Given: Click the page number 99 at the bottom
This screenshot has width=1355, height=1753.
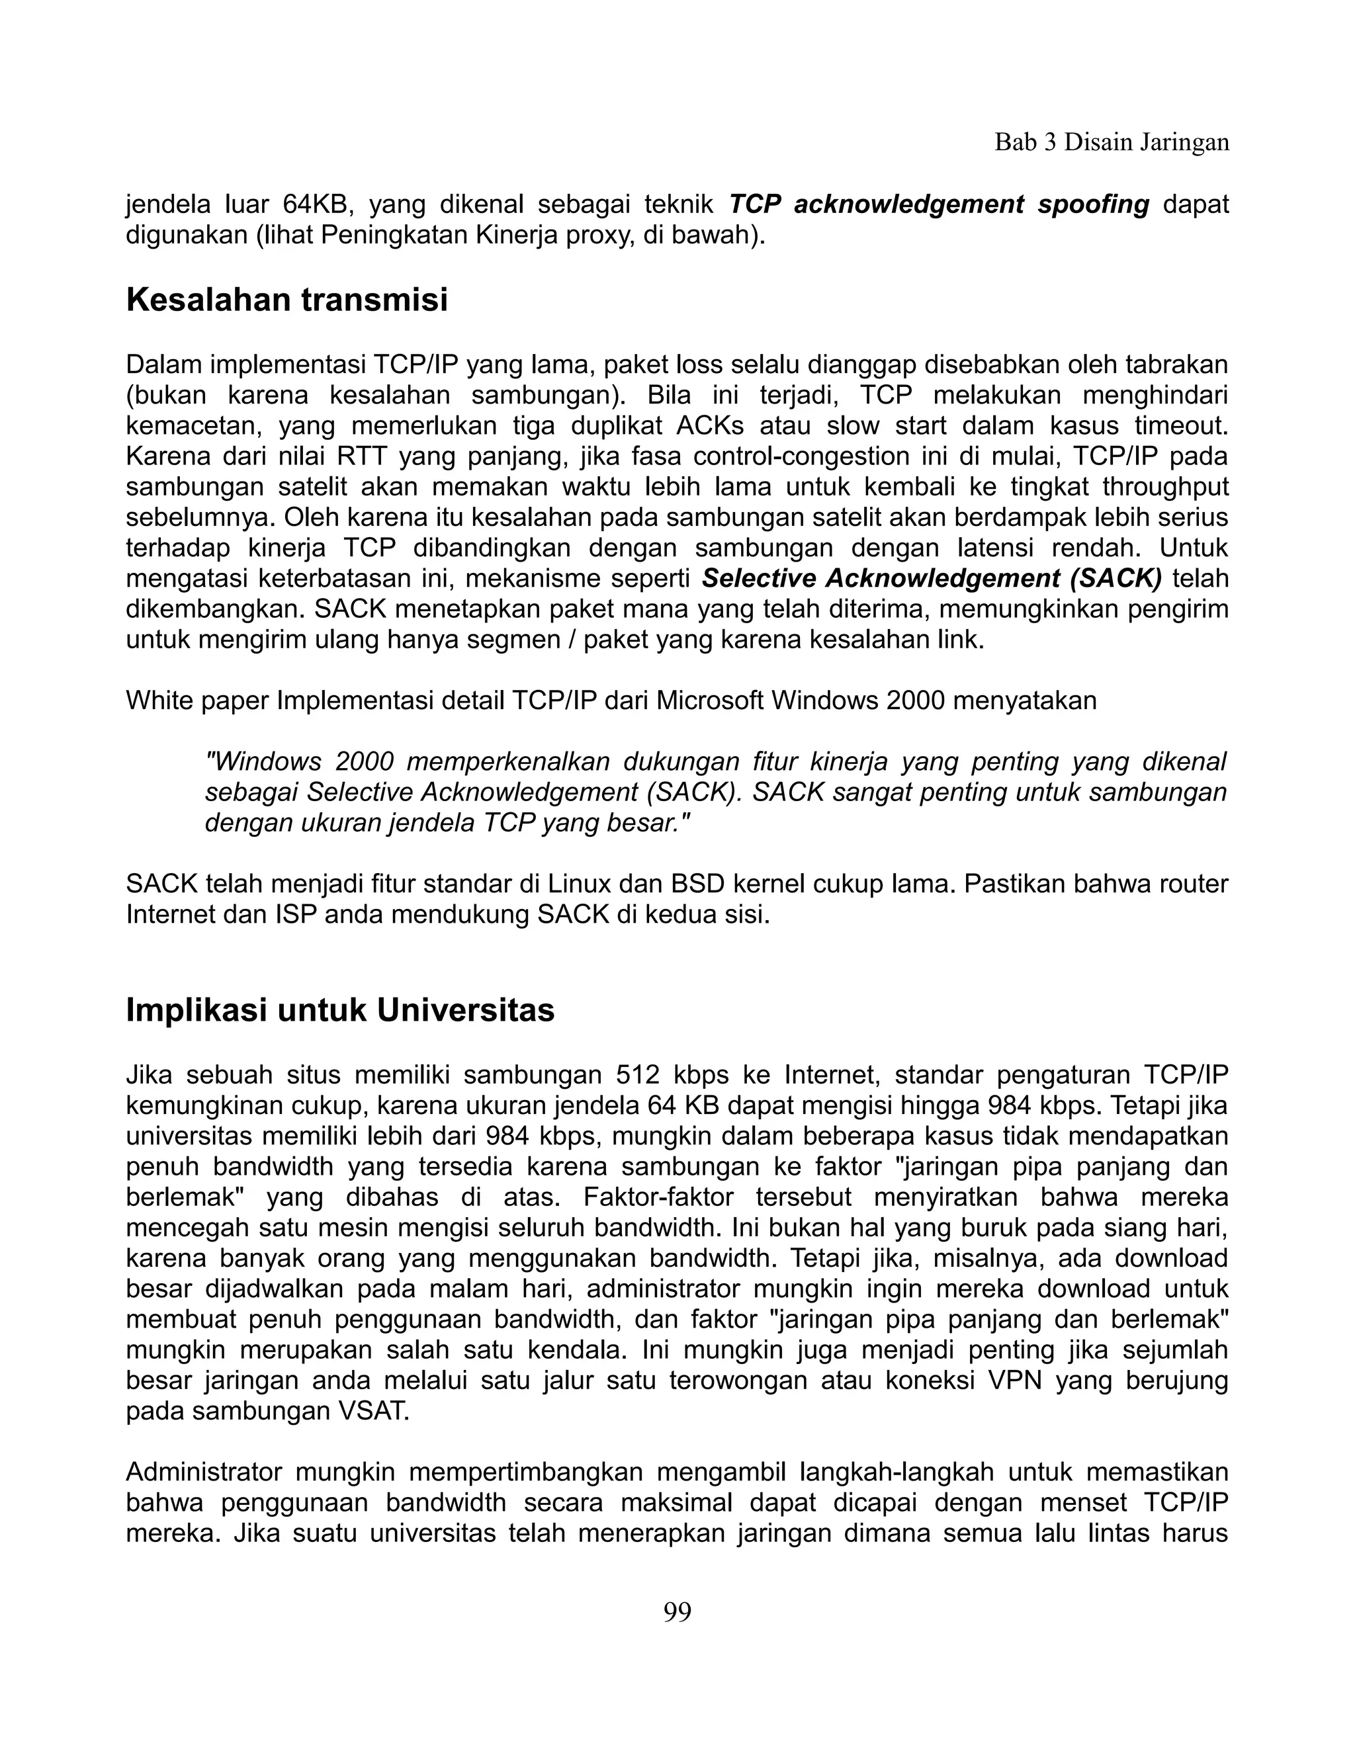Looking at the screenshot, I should tap(677, 1611).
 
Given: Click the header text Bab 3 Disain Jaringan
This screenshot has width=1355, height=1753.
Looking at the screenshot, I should tap(1111, 142).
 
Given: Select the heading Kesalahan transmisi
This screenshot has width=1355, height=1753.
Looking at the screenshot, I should tap(286, 301).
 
